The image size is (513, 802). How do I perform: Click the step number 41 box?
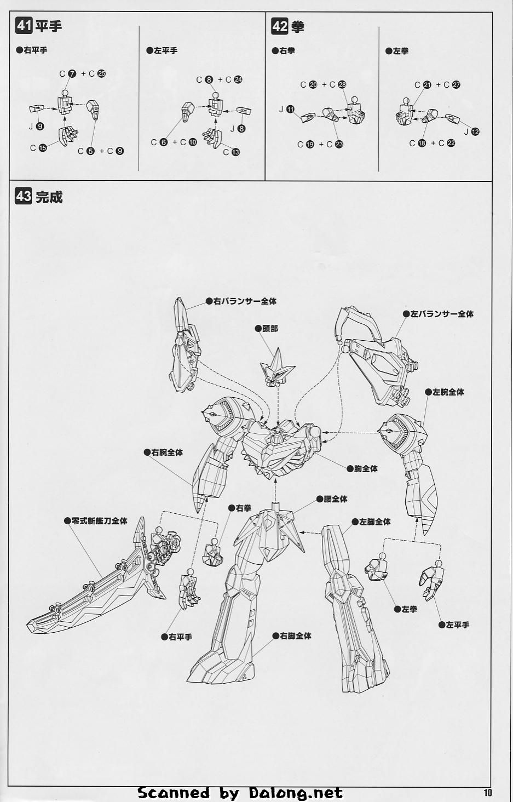(24, 26)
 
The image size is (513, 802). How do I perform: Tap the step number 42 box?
(280, 26)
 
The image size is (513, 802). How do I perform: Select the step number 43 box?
(24, 196)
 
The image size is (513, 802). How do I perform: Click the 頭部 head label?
(267, 329)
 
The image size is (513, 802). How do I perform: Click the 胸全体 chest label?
(362, 469)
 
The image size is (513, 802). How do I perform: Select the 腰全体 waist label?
(332, 499)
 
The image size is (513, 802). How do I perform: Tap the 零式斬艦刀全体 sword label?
(95, 521)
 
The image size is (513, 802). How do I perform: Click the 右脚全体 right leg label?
(292, 636)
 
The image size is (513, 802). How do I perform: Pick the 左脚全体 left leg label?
(371, 522)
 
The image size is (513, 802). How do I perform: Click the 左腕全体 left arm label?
(445, 392)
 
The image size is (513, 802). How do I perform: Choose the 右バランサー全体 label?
(241, 301)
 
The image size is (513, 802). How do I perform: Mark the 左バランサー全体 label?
(438, 314)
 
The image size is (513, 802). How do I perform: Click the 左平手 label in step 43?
(454, 625)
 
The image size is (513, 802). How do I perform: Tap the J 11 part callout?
(287, 109)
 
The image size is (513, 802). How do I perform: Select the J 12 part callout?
(472, 132)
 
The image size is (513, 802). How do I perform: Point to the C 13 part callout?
(232, 152)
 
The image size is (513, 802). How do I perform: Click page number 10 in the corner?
(488, 792)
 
